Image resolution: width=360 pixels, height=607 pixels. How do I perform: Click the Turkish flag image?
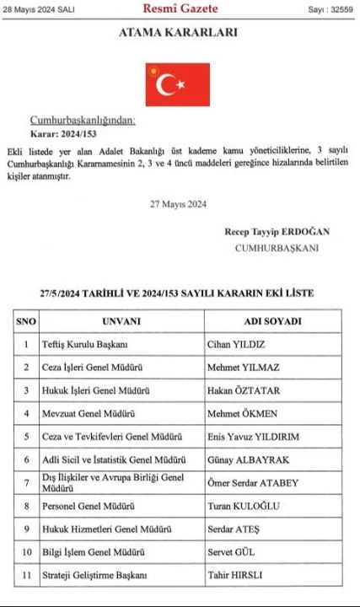[177, 84]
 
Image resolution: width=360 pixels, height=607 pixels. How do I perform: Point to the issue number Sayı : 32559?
[330, 9]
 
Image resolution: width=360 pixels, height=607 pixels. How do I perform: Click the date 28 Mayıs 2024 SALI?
[39, 9]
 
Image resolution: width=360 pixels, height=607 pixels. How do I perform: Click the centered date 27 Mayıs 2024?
[178, 203]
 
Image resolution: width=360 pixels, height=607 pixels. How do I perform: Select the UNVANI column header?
[121, 321]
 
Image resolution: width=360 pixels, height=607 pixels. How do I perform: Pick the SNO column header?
[26, 321]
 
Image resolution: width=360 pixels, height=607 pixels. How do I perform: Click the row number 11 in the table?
[26, 575]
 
